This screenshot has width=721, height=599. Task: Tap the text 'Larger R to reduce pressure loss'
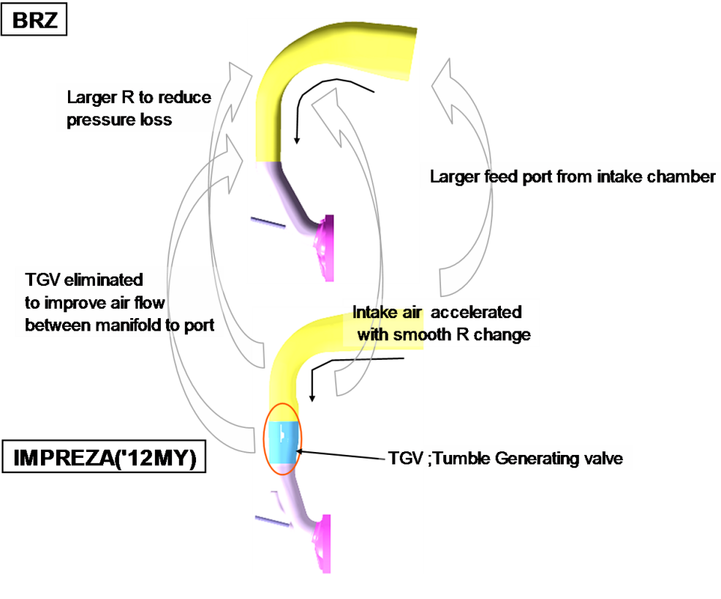pos(139,108)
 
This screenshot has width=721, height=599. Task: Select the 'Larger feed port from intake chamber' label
pos(571,177)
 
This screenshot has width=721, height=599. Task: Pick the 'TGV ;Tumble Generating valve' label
pos(505,460)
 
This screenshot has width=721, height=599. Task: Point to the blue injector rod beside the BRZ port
pos(268,222)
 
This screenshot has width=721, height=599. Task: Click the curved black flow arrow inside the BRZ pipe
pos(322,91)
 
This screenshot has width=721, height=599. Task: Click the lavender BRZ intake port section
pos(289,192)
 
